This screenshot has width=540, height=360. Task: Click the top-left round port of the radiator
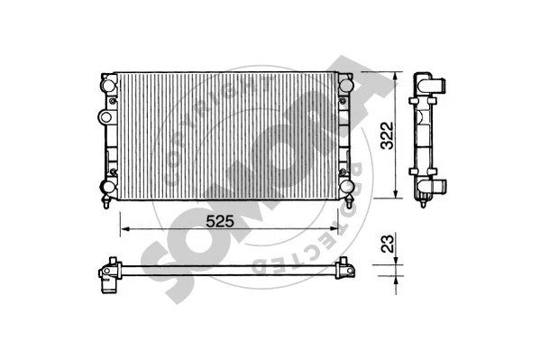pyautogui.click(x=107, y=84)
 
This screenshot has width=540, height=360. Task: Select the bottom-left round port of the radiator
pyautogui.click(x=107, y=188)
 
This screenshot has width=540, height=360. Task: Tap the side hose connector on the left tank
pyautogui.click(x=102, y=118)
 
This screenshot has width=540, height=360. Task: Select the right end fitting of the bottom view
pyautogui.click(x=344, y=267)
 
